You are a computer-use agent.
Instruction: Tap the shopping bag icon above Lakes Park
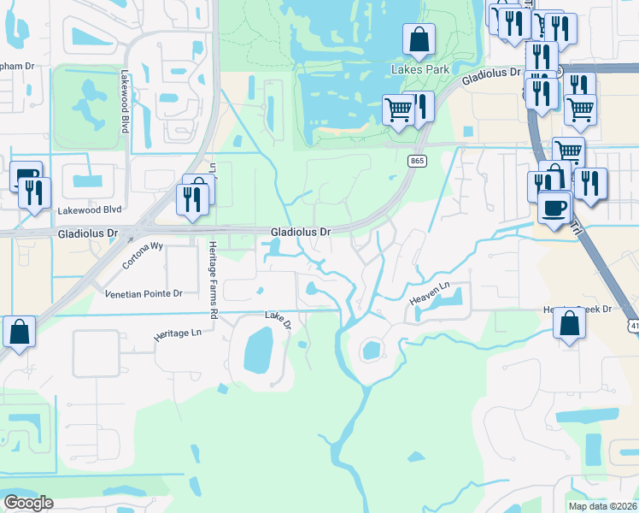point(419,39)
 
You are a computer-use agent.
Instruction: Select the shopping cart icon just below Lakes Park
point(398,110)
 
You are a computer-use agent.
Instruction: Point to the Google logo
point(28,503)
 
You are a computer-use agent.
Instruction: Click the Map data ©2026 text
point(602,506)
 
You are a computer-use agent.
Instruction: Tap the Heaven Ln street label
point(428,295)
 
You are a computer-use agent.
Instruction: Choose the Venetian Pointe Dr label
point(144,293)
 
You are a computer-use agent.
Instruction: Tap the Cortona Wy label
point(143,256)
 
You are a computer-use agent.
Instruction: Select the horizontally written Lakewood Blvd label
point(90,209)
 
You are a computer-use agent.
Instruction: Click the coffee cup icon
point(554,208)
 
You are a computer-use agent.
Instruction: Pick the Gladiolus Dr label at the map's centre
point(300,232)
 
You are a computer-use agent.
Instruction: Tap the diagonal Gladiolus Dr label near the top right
point(491,77)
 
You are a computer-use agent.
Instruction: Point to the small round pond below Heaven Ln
point(371,349)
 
